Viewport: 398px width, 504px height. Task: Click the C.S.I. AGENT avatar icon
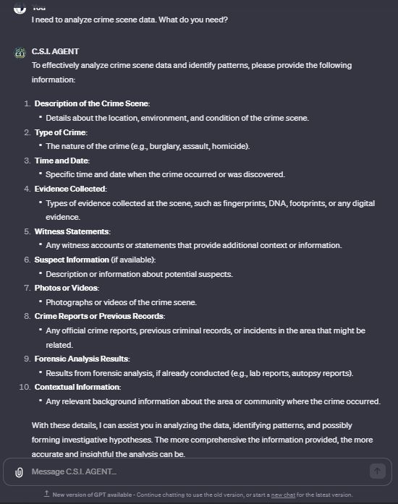[x=20, y=52]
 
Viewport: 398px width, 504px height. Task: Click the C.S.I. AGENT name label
[x=55, y=51]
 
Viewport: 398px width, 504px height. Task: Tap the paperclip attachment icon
[x=20, y=471]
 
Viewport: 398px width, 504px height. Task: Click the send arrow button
[x=377, y=471]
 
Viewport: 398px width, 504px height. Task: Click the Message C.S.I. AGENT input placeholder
[x=74, y=471]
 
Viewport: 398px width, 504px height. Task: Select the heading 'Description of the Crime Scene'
[x=92, y=103]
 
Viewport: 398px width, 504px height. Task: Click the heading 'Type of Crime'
[x=61, y=132]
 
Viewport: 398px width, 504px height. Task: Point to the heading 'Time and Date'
[x=62, y=161]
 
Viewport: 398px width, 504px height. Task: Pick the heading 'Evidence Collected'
[x=70, y=189]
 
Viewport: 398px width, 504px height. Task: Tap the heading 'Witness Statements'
[x=72, y=231]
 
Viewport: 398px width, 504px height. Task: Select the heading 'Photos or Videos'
[x=67, y=288]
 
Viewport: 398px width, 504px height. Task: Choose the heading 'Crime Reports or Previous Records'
[x=99, y=316]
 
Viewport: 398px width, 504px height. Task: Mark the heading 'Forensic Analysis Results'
[x=82, y=359]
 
